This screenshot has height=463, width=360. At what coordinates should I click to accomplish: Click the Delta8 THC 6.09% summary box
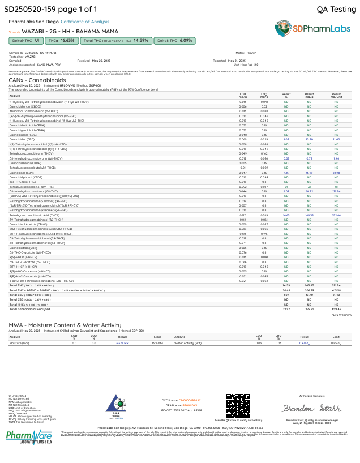(174, 41)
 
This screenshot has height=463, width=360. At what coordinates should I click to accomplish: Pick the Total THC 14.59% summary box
(116, 41)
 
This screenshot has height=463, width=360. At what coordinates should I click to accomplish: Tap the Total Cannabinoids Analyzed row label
(33, 309)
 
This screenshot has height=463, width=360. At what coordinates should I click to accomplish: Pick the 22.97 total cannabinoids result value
(286, 309)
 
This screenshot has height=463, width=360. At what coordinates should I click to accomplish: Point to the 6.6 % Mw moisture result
(123, 343)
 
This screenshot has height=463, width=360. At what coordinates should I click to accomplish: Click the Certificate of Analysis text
(85, 22)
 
